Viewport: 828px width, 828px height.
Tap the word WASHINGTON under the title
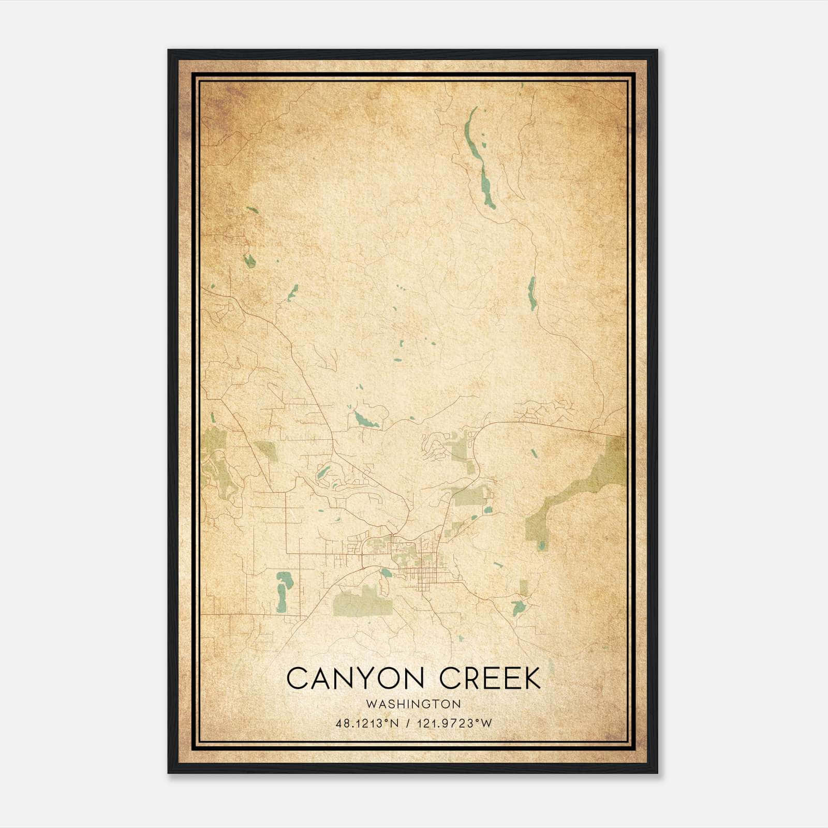[413, 704]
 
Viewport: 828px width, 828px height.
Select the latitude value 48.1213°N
[367, 723]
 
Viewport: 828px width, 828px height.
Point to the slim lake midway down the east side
[531, 293]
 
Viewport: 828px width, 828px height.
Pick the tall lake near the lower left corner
[283, 591]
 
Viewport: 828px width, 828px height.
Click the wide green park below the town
[362, 602]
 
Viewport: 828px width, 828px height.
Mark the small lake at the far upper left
[249, 260]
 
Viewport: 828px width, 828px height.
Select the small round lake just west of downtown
[386, 572]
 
